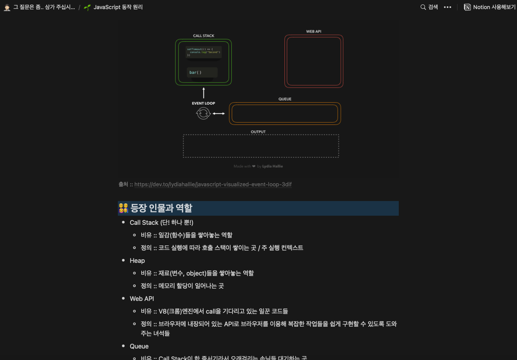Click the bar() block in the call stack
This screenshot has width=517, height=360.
coord(202,73)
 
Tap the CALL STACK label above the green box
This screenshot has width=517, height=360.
coord(204,36)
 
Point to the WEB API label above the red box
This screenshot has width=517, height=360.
coord(313,31)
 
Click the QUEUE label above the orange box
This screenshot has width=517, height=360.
coord(285,99)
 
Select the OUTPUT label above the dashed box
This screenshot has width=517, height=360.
coord(258,132)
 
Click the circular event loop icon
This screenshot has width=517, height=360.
coord(203,114)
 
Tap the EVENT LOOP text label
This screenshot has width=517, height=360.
coord(204,103)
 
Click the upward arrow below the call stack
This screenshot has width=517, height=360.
coord(204,93)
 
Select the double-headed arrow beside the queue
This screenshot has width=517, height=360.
coord(219,114)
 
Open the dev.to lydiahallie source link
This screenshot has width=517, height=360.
coord(213,184)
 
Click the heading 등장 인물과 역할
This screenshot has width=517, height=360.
coord(161,208)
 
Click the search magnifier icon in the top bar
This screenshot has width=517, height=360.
coord(423,7)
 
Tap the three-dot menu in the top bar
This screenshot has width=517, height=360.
coord(448,7)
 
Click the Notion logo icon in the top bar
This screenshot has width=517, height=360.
coord(468,7)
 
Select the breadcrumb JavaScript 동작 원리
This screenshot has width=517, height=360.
coord(118,7)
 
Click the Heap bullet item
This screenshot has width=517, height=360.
coord(137,260)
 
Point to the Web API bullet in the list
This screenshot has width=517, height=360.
coord(142,299)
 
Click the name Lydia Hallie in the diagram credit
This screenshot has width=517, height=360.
coord(273,167)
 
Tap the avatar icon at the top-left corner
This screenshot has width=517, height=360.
coord(7,7)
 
